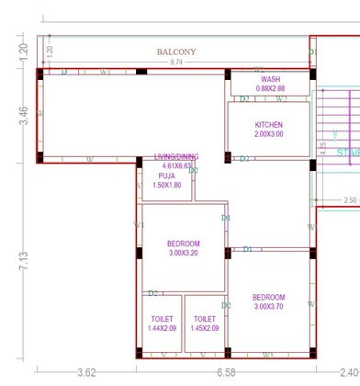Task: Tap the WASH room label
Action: tap(270, 80)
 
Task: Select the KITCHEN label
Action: tap(269, 125)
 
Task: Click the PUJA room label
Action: tap(166, 175)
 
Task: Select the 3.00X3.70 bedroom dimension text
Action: tap(269, 307)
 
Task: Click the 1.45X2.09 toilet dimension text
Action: tap(205, 328)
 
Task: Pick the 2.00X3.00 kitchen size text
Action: tap(269, 134)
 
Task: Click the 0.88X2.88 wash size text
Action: tap(270, 89)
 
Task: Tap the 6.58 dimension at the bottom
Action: tap(225, 372)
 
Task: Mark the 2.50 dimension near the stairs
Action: tap(350, 199)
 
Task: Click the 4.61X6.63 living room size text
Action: tap(176, 166)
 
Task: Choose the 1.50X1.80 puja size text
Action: tap(166, 185)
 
